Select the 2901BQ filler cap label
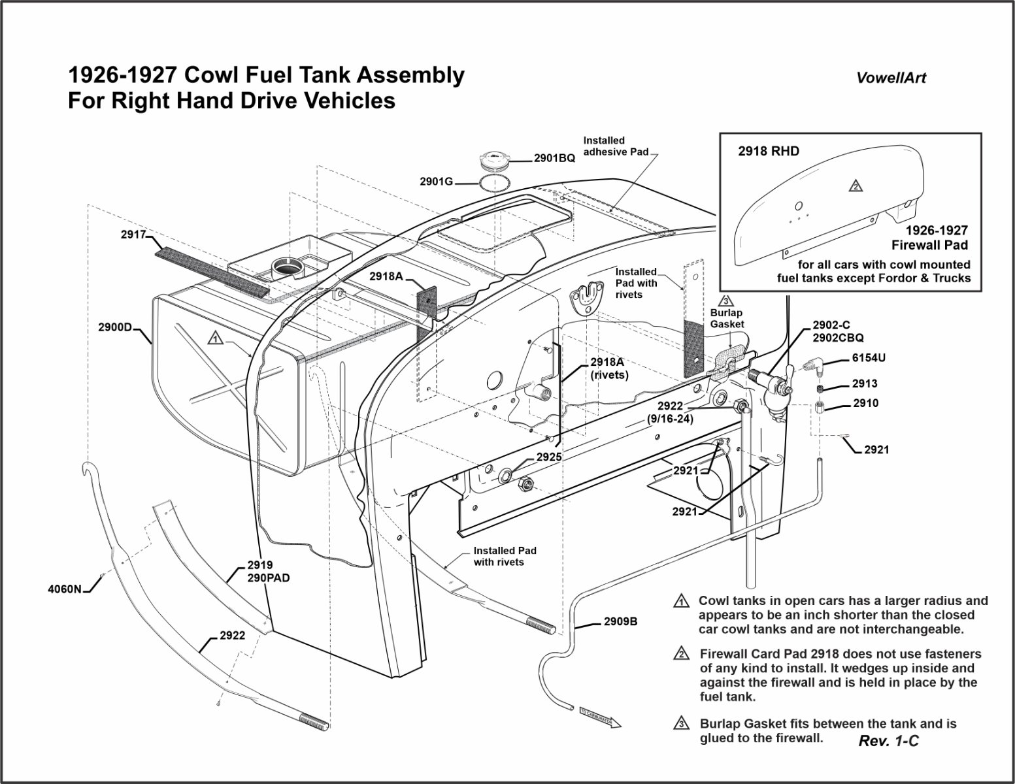click(554, 158)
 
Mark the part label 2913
click(865, 384)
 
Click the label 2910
click(865, 404)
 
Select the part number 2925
click(549, 457)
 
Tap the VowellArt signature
click(891, 78)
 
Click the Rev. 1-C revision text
click(888, 741)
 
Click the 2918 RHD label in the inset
click(769, 152)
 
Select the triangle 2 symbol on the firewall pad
click(855, 186)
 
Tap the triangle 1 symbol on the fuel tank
click(215, 338)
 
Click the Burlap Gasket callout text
click(727, 318)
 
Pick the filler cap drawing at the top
click(496, 160)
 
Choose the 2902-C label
click(831, 325)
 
